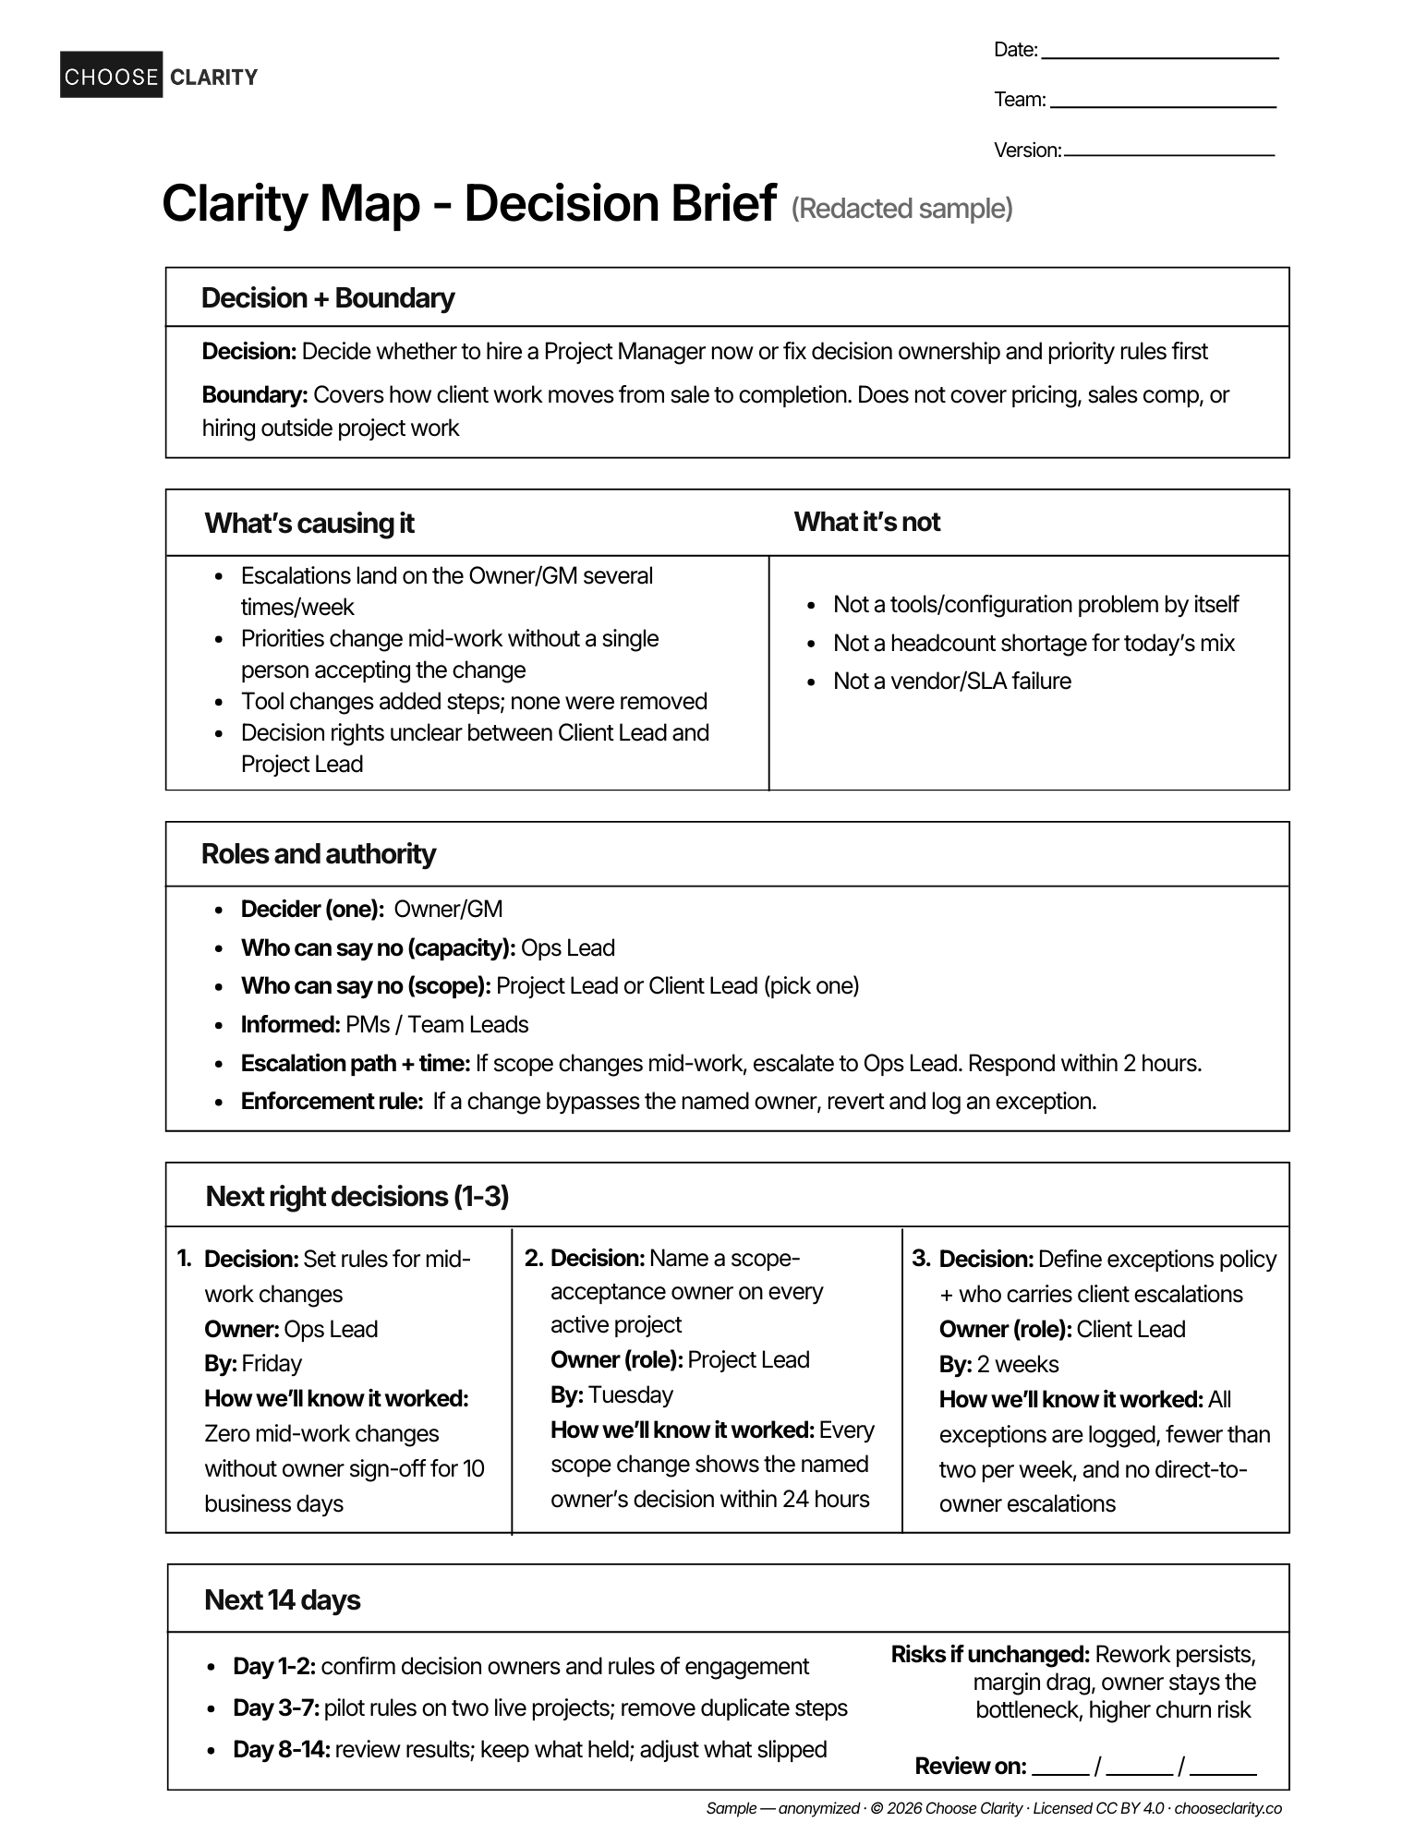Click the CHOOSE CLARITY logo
click(159, 76)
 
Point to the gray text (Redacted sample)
click(901, 209)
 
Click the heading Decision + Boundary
click(328, 298)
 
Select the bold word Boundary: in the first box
click(254, 395)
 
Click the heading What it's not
click(866, 522)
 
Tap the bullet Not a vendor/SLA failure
click(951, 682)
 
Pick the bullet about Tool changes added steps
click(473, 702)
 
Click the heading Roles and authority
click(318, 854)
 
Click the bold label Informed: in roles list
click(290, 1025)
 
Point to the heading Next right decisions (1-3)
click(357, 1197)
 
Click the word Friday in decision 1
click(272, 1364)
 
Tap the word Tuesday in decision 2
click(631, 1394)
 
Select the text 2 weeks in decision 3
click(1018, 1365)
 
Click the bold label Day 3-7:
click(276, 1708)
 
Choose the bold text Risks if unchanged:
click(990, 1655)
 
